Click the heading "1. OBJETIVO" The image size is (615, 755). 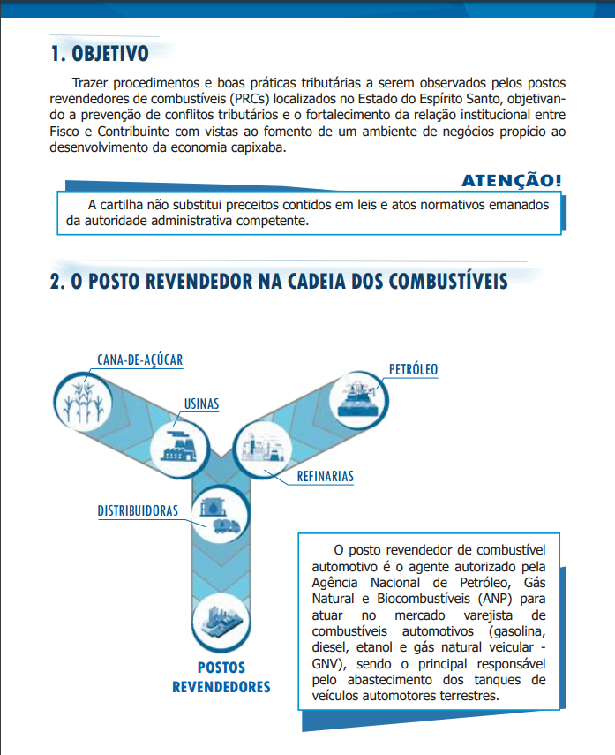click(99, 54)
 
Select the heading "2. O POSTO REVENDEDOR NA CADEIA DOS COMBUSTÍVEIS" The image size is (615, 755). click(279, 282)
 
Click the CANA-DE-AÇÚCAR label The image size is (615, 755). click(140, 359)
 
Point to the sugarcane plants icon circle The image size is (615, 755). click(86, 403)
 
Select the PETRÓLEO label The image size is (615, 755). click(414, 368)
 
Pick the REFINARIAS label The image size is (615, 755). click(325, 476)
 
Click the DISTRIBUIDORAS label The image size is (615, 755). click(139, 510)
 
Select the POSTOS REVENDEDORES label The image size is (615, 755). click(221, 677)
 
